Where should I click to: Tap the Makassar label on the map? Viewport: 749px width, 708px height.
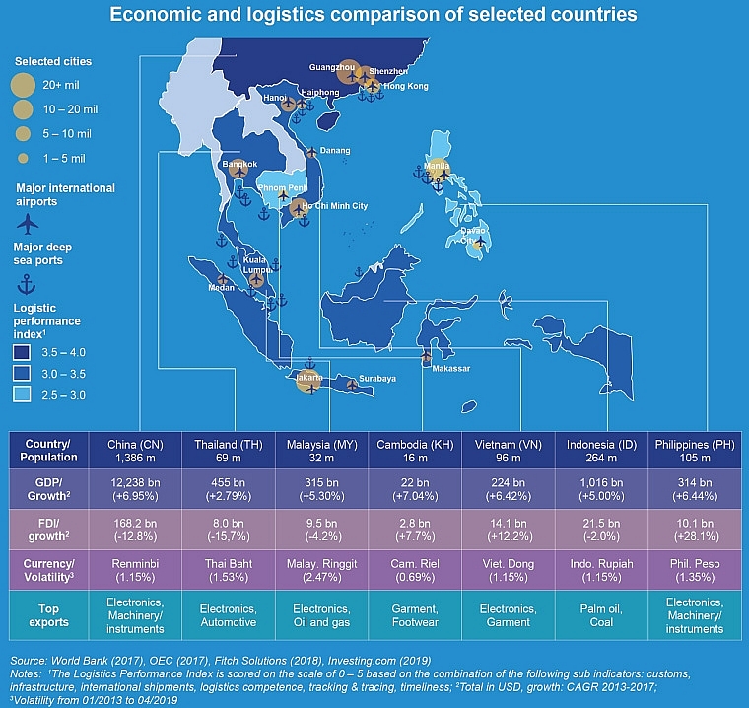pyautogui.click(x=450, y=369)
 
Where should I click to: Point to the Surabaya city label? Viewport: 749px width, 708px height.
pyautogui.click(x=375, y=379)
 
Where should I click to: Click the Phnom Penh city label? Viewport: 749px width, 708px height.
pyautogui.click(x=283, y=186)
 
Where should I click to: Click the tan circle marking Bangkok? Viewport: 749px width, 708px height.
pyautogui.click(x=238, y=168)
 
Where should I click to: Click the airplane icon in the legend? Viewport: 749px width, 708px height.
pyautogui.click(x=27, y=223)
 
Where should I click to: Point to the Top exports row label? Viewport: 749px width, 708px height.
pyautogui.click(x=46, y=615)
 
